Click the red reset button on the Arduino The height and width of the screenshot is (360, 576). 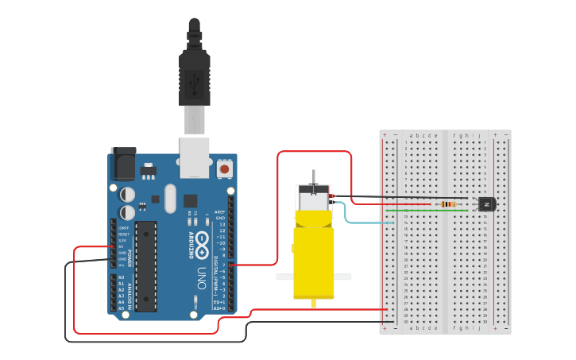(x=224, y=169)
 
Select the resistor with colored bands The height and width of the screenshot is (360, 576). (x=449, y=203)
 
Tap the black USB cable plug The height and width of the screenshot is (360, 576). (x=193, y=72)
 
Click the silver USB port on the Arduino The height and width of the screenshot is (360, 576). (x=193, y=156)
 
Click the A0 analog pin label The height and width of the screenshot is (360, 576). (x=122, y=277)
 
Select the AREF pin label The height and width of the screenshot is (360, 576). (x=220, y=212)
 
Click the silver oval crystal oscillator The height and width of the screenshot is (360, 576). (x=168, y=199)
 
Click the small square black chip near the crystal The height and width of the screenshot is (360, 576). (x=191, y=200)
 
